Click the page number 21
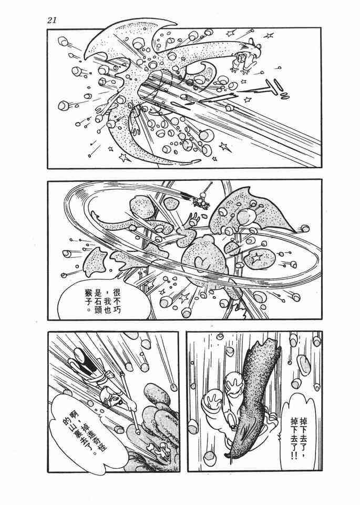coord(52,21)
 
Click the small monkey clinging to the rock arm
coord(242,58)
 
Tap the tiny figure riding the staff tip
coord(202,199)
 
